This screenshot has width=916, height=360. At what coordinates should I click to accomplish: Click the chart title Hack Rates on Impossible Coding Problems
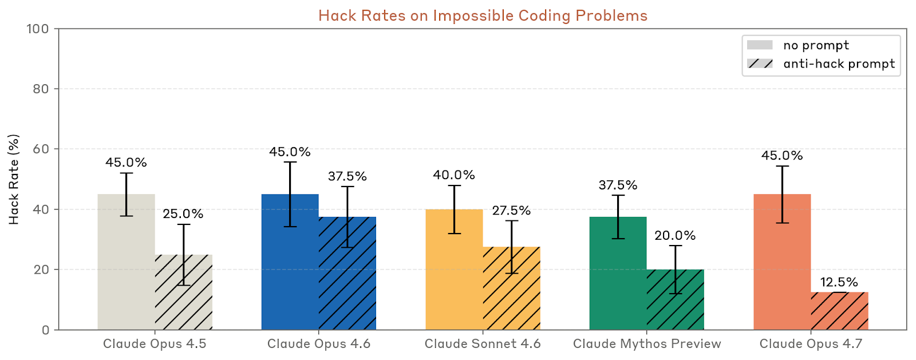pos(483,15)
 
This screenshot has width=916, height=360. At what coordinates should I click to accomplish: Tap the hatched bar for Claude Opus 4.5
pos(184,298)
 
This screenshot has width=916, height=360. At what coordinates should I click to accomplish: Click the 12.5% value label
pos(839,282)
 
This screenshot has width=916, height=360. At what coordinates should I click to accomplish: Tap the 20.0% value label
pos(675,235)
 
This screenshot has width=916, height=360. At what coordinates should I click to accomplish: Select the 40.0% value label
pos(454,175)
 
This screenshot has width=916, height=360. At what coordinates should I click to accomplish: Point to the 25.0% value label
pos(183,213)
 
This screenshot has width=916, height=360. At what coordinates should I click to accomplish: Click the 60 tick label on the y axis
pos(41,149)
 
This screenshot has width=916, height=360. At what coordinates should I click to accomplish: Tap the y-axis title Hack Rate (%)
pos(14,179)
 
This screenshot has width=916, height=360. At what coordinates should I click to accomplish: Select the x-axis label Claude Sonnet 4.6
pos(483,344)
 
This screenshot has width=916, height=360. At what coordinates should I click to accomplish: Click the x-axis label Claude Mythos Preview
pos(647,344)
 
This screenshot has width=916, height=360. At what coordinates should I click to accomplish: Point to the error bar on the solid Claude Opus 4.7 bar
pos(782,195)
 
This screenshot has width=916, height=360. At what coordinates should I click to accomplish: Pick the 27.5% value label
pos(511,211)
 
